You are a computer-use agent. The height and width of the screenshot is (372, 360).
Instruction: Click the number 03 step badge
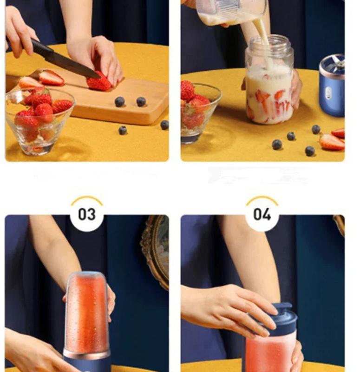pyautogui.click(x=86, y=214)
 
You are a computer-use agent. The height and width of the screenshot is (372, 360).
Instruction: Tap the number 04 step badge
pyautogui.click(x=262, y=214)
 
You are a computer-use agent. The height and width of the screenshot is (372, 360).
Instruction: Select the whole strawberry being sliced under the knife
pyautogui.click(x=99, y=82)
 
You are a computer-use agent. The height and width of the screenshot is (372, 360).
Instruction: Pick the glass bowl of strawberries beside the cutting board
pyautogui.click(x=39, y=121)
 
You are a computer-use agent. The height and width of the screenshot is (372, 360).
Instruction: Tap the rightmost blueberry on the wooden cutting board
pyautogui.click(x=141, y=101)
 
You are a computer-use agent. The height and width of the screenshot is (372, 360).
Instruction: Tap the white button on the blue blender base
pyautogui.click(x=327, y=93)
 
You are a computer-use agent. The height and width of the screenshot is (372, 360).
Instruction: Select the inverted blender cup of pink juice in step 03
pyautogui.click(x=87, y=312)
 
